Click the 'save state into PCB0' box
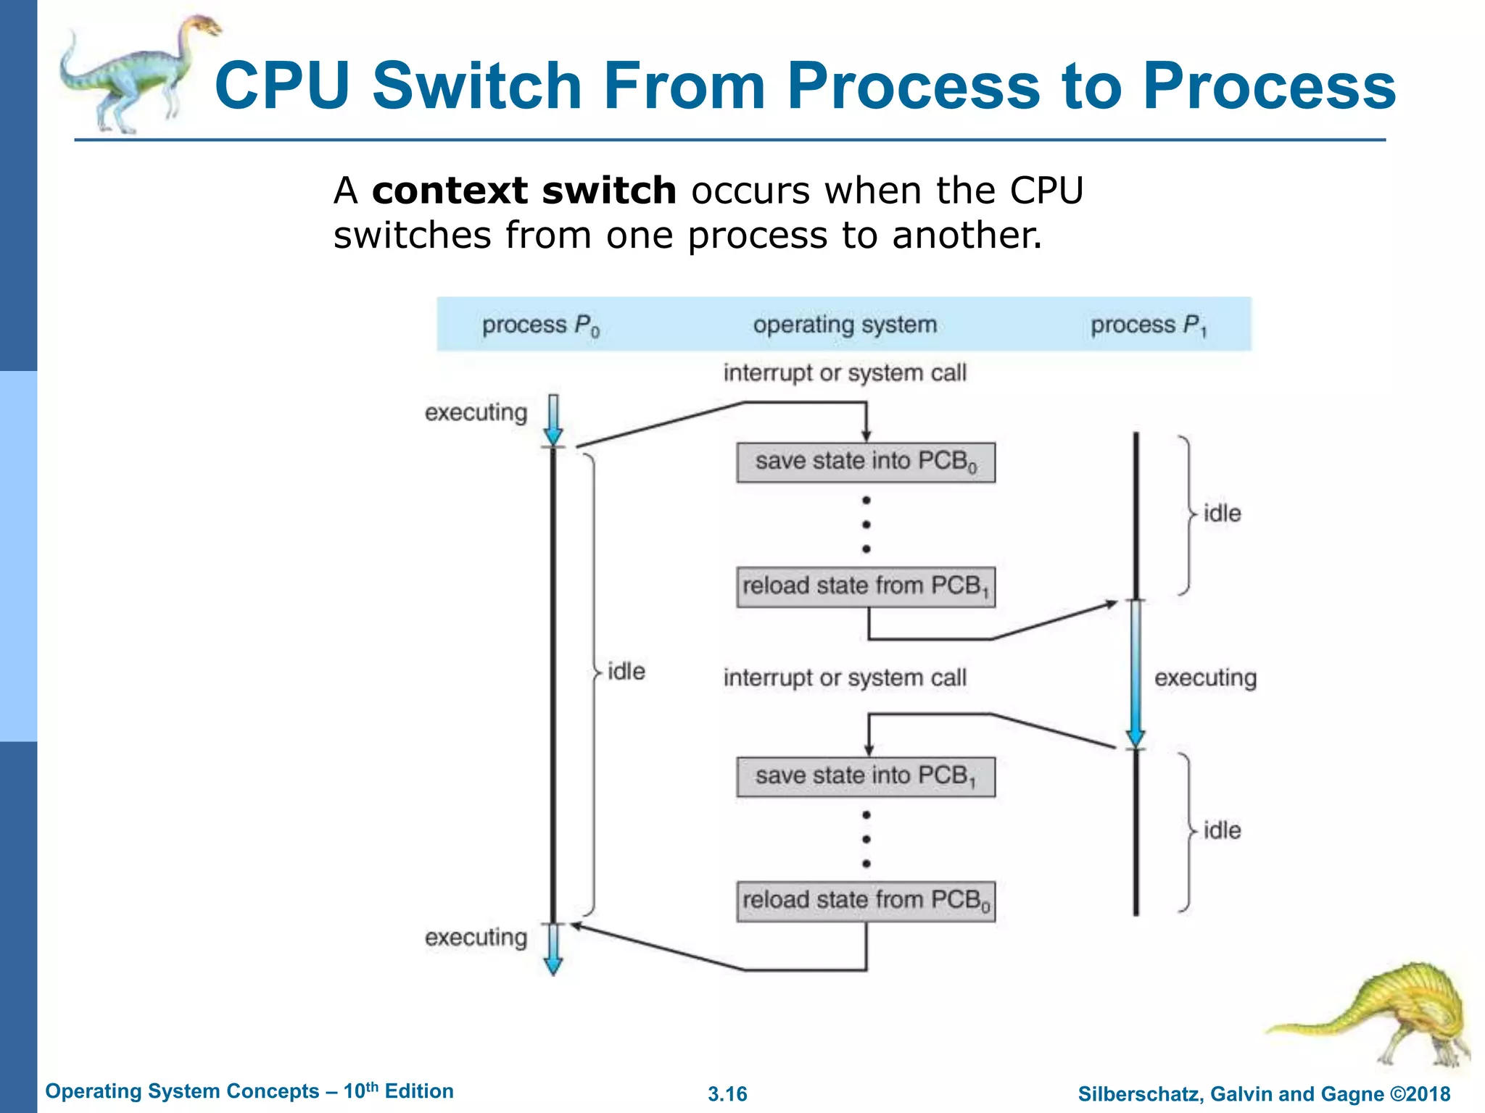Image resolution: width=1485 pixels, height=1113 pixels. point(866,462)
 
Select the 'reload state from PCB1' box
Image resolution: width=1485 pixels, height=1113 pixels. point(866,587)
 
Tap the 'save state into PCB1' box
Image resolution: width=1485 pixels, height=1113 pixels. point(866,777)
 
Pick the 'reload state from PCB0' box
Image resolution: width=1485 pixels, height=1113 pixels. point(866,901)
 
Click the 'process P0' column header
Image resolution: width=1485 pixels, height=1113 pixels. point(541,325)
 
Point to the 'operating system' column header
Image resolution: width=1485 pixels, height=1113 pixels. point(845,325)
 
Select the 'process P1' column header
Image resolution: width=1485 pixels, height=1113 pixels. point(1149,325)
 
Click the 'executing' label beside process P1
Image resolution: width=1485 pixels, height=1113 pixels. point(1205,678)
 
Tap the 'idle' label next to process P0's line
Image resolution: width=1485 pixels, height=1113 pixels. point(626,672)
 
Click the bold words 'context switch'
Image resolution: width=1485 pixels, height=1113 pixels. point(524,191)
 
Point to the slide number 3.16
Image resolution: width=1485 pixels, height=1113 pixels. point(727,1094)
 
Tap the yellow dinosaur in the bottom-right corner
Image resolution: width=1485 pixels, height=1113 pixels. point(1392,1014)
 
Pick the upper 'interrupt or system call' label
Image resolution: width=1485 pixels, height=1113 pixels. point(845,373)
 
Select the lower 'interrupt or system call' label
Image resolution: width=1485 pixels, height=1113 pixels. point(845,678)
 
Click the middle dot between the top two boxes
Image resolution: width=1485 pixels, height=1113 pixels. point(866,525)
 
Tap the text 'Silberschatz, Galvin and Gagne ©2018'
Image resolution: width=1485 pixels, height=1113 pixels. point(1264,1094)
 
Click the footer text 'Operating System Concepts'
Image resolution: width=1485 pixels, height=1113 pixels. point(183,1091)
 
